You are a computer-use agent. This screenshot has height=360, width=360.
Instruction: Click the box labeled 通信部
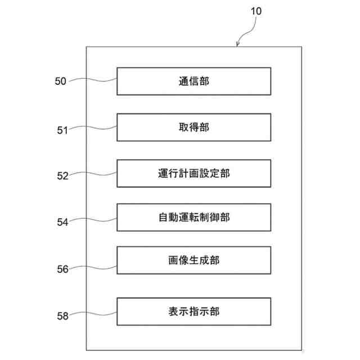click(193, 81)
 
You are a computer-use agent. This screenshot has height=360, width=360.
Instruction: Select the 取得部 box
click(193, 127)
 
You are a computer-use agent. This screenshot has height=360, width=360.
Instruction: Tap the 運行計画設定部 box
click(193, 173)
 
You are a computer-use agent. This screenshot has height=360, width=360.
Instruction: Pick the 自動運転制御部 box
click(193, 217)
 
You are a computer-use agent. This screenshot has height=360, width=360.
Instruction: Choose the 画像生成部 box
click(193, 260)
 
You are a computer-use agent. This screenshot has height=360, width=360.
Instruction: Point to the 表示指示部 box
click(193, 310)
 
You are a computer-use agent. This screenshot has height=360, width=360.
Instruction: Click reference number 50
click(60, 81)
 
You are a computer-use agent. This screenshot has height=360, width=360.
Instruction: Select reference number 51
click(61, 130)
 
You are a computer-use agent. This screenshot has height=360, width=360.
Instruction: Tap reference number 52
click(61, 175)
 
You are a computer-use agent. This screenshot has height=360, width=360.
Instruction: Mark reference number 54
click(61, 222)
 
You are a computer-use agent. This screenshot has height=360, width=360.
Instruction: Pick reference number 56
click(61, 269)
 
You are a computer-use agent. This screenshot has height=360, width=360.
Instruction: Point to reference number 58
click(61, 316)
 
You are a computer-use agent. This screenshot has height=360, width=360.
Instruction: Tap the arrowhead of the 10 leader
click(239, 44)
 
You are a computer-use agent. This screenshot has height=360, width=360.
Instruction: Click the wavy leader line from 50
click(93, 80)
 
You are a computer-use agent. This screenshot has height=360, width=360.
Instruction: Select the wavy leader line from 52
click(93, 174)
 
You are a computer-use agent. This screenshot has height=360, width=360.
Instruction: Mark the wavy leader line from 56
click(93, 265)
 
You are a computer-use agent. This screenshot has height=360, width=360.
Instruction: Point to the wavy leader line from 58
click(93, 313)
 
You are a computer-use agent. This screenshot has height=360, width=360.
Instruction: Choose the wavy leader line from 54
click(93, 219)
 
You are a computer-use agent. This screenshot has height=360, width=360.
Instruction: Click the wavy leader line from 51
click(93, 128)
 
